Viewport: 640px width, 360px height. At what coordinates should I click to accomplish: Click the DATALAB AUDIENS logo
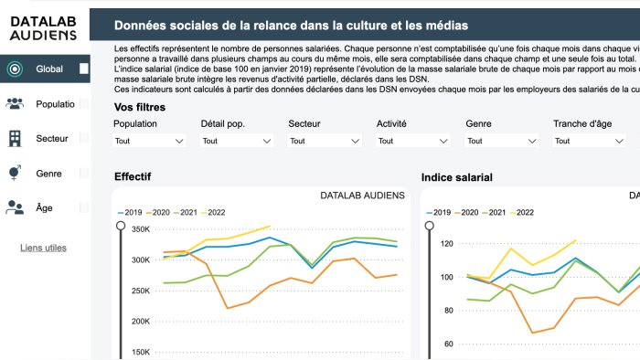click(x=45, y=27)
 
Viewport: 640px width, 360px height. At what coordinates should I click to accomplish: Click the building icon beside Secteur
click(x=15, y=138)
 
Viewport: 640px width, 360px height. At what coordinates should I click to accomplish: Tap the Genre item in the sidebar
click(x=48, y=173)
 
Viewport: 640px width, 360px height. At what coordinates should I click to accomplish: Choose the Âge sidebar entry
click(x=44, y=207)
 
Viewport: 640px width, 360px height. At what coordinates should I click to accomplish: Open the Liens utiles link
click(x=43, y=248)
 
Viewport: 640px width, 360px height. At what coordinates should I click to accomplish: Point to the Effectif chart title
click(x=133, y=176)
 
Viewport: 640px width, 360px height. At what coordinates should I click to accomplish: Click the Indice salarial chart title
click(x=456, y=176)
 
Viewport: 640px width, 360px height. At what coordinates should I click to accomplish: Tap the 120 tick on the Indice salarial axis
click(x=447, y=244)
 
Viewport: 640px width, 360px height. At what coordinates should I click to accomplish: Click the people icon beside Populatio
click(x=15, y=103)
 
